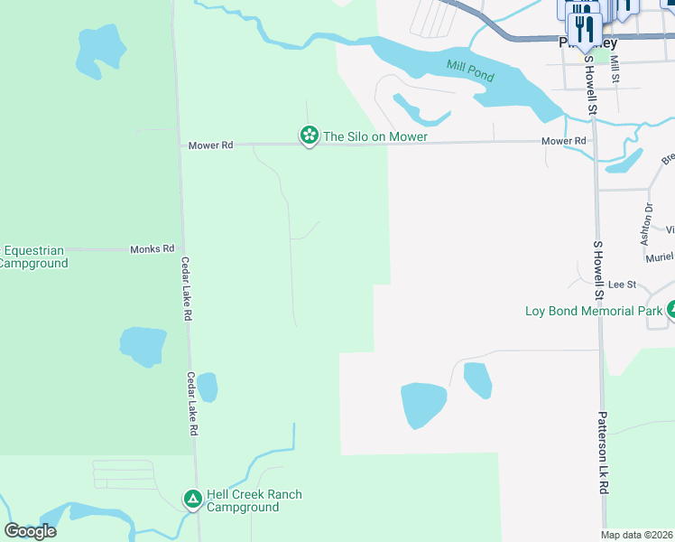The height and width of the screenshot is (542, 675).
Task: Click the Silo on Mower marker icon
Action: [309, 135]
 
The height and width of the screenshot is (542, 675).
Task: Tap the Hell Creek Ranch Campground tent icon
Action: [192, 498]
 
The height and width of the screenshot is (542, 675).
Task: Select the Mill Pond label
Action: [470, 70]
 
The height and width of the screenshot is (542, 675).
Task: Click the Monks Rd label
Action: [152, 248]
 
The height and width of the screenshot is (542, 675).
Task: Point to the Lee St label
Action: [623, 285]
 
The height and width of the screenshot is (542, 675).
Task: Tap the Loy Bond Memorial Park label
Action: [594, 311]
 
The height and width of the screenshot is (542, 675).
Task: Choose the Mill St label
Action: [615, 69]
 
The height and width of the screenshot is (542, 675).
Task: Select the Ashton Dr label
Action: [646, 224]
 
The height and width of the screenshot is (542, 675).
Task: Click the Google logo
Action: [30, 530]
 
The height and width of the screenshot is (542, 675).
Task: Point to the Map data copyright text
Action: [636, 535]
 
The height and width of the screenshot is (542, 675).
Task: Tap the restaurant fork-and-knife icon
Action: [585, 27]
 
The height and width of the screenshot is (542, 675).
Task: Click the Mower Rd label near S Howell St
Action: [564, 142]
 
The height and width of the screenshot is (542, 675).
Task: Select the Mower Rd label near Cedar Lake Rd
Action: [210, 145]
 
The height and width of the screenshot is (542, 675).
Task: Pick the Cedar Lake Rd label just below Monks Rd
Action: [187, 289]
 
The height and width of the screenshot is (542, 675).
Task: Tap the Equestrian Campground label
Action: [33, 257]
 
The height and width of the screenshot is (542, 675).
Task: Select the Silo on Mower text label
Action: [374, 136]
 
